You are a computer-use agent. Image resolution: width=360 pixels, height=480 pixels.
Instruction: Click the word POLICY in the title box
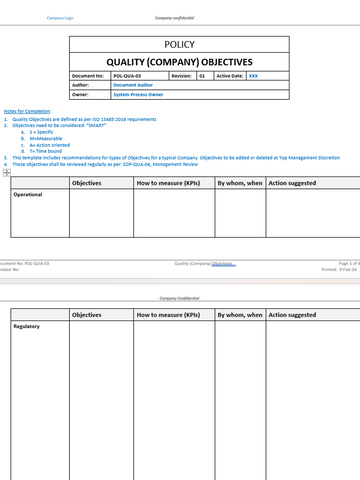(179, 45)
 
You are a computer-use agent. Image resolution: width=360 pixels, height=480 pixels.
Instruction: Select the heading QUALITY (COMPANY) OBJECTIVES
(179, 61)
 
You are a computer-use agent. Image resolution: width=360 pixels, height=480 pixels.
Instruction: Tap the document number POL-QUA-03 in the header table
(127, 75)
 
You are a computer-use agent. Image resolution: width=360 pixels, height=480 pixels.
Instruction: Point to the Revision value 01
(202, 75)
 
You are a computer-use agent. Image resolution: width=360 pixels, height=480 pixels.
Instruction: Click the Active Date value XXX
(253, 75)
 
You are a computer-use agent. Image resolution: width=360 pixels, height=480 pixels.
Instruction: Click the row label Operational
(27, 195)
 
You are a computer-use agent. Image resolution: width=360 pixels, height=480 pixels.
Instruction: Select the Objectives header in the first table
(87, 183)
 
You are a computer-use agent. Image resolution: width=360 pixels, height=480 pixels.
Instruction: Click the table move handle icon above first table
(7, 173)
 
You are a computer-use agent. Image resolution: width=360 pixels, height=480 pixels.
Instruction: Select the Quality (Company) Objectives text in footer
(205, 263)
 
